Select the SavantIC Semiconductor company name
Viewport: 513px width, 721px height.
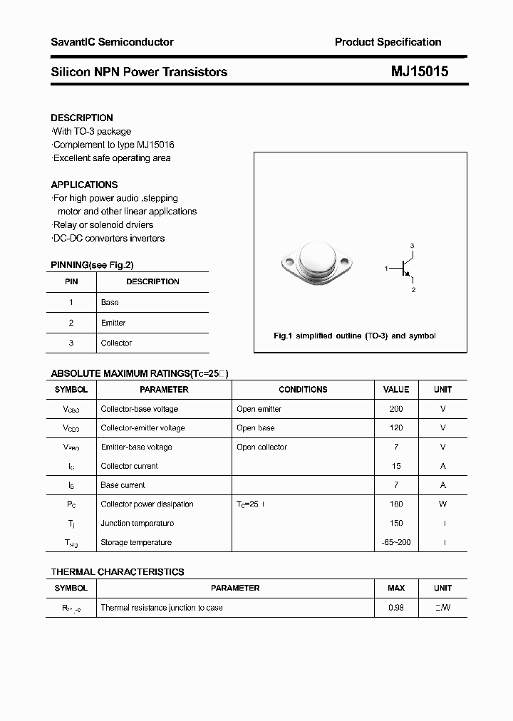[112, 42]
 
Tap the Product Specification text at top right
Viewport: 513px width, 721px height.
[388, 42]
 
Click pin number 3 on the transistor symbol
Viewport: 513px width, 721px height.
[412, 245]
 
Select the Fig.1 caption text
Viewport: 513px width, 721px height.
[354, 336]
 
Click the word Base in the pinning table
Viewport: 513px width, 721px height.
[110, 302]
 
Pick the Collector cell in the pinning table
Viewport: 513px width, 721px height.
[116, 343]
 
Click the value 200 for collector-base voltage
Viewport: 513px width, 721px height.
[396, 409]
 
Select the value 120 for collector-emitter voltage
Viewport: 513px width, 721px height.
[396, 428]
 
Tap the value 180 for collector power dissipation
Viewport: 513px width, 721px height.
[396, 504]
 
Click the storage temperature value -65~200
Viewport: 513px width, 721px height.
[396, 542]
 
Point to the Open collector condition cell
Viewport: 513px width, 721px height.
[261, 447]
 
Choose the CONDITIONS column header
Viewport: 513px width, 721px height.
[303, 390]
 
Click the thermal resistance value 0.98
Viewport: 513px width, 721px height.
[396, 608]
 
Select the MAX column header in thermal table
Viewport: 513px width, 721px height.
[396, 588]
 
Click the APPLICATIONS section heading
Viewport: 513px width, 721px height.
[84, 185]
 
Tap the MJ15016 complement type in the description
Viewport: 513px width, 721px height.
[150, 145]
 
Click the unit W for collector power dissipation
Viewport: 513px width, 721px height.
[442, 504]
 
